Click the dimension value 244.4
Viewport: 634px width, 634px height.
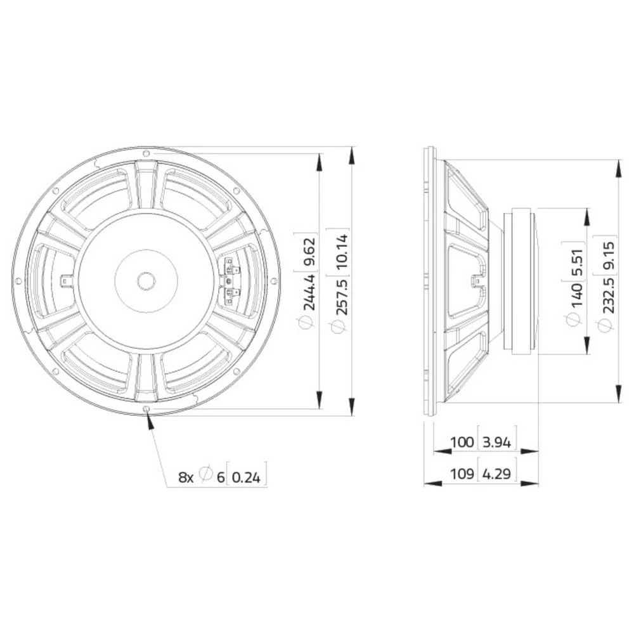[x=309, y=291]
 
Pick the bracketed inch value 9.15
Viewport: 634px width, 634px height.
[x=605, y=254]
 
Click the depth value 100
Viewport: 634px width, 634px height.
[x=462, y=442]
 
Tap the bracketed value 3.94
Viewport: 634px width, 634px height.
[x=497, y=442]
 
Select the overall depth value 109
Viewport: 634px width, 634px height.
[x=462, y=473]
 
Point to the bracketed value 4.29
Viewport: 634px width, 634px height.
[x=497, y=473]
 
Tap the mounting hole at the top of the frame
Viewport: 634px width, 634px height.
[x=146, y=153]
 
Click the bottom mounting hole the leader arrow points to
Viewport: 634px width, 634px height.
[x=147, y=410]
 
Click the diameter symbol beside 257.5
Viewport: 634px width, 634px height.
[x=338, y=327]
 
